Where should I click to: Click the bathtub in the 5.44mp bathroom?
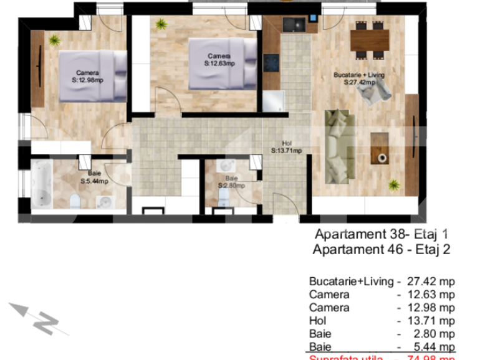pos(42,185)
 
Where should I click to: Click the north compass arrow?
pos(37,317)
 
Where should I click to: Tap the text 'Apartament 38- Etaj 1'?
pos(382,235)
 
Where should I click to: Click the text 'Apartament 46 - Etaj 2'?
pos(382,250)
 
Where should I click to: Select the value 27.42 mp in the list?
pos(431,281)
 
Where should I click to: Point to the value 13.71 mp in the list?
pos(431,320)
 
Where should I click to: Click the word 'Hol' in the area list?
pos(317,320)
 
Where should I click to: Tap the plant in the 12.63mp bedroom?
pos(161,25)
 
